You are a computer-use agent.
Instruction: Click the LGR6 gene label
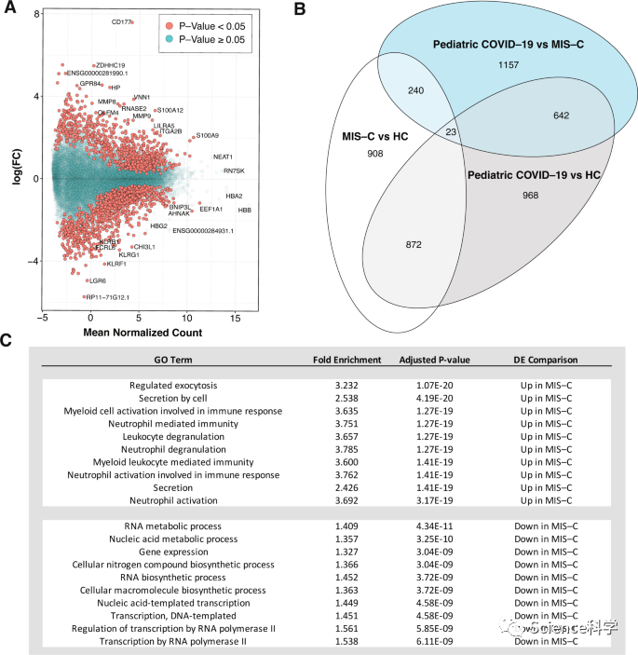(96, 280)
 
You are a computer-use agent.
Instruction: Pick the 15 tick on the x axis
(237, 319)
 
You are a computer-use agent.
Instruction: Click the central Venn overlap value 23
(450, 132)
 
